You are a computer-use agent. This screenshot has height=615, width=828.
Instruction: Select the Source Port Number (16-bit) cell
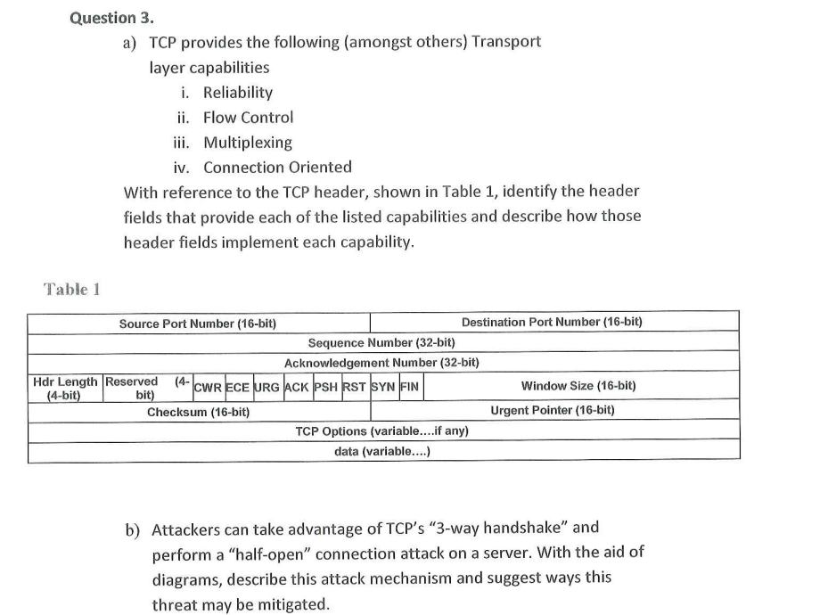[203, 323]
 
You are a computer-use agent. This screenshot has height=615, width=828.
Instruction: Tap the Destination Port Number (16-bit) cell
[552, 322]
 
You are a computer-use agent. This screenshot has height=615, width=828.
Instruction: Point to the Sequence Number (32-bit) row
[381, 343]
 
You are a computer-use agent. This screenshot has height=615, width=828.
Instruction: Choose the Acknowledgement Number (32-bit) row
[381, 364]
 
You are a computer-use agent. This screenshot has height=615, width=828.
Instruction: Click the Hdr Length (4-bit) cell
[65, 387]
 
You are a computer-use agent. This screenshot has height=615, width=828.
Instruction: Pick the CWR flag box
[208, 387]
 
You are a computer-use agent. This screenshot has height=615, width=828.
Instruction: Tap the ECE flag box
[237, 387]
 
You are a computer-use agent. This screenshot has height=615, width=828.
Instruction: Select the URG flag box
[266, 387]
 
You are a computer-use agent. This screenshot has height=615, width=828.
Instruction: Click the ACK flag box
[297, 387]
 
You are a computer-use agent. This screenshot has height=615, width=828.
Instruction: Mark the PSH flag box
[326, 387]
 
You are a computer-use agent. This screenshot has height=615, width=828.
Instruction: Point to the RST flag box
[355, 387]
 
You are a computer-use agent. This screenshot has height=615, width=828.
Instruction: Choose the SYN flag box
[383, 387]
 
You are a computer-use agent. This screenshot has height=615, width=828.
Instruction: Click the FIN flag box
[409, 387]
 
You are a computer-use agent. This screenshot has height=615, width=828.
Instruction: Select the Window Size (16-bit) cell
[578, 387]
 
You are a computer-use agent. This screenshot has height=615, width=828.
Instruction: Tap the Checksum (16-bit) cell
[198, 412]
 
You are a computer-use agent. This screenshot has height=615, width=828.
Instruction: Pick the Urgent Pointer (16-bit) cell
[552, 411]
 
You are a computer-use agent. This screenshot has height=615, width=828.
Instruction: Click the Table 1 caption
[72, 289]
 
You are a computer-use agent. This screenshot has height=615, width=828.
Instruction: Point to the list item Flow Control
[248, 118]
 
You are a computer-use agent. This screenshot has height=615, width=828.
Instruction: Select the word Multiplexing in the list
[248, 143]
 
